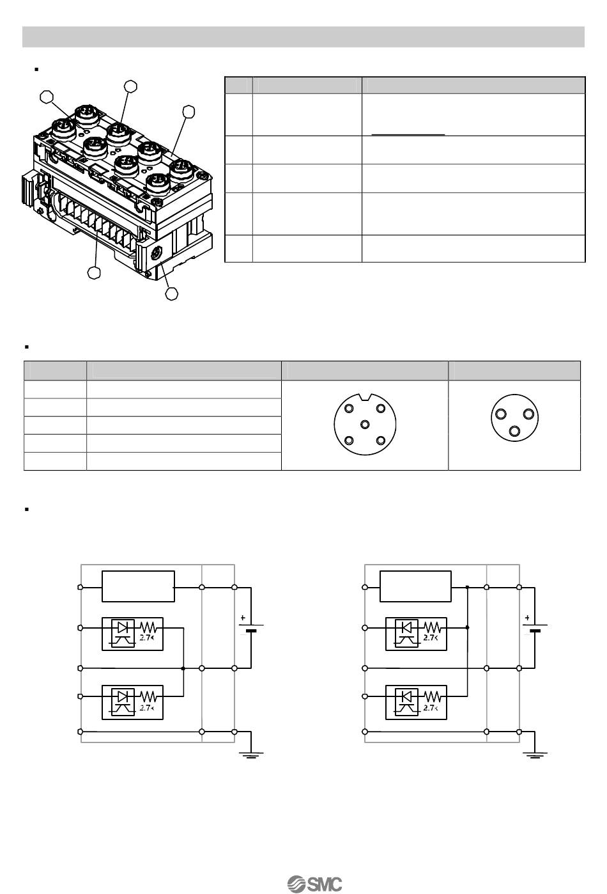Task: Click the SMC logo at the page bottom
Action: coord(315,883)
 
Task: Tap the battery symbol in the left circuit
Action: coord(250,627)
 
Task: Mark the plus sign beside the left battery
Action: coord(243,618)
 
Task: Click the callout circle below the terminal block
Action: coord(95,273)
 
